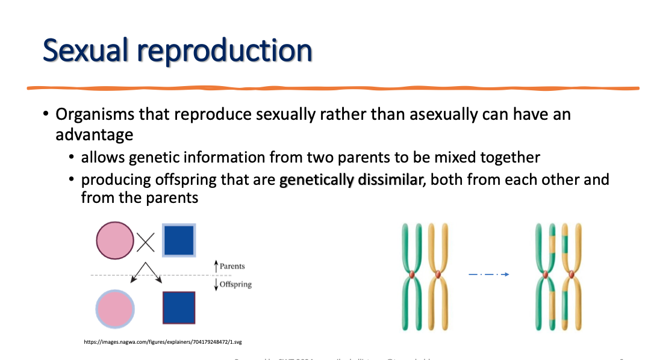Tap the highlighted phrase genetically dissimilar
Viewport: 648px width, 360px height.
pos(350,179)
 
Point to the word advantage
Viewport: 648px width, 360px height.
pos(94,134)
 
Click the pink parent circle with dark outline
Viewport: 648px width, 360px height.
pos(115,240)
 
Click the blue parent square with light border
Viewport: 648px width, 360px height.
pos(179,240)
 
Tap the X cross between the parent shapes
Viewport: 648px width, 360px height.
pos(146,242)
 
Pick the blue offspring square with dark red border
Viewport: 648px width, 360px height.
pos(179,308)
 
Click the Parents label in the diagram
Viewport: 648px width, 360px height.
pos(232,266)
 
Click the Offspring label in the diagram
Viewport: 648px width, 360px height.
pos(235,284)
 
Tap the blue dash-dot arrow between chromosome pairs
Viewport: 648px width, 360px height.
pos(488,275)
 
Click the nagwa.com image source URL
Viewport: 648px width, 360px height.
pos(163,342)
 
